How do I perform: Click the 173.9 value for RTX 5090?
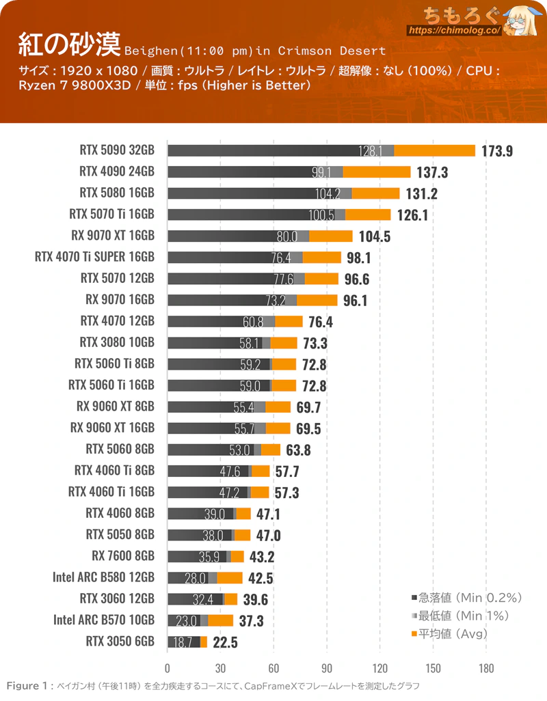[497, 151]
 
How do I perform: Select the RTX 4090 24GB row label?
[117, 171]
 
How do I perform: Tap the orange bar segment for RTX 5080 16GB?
[375, 193]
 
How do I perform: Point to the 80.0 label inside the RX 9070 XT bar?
[286, 236]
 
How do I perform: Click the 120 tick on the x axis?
[380, 669]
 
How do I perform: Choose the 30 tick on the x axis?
[220, 669]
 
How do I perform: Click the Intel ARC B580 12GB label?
[103, 577]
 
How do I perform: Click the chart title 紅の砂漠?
[68, 44]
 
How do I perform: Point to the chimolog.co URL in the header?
[455, 31]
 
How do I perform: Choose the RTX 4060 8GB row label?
[120, 513]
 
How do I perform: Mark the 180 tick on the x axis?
[487, 669]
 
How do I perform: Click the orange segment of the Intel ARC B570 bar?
[220, 620]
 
